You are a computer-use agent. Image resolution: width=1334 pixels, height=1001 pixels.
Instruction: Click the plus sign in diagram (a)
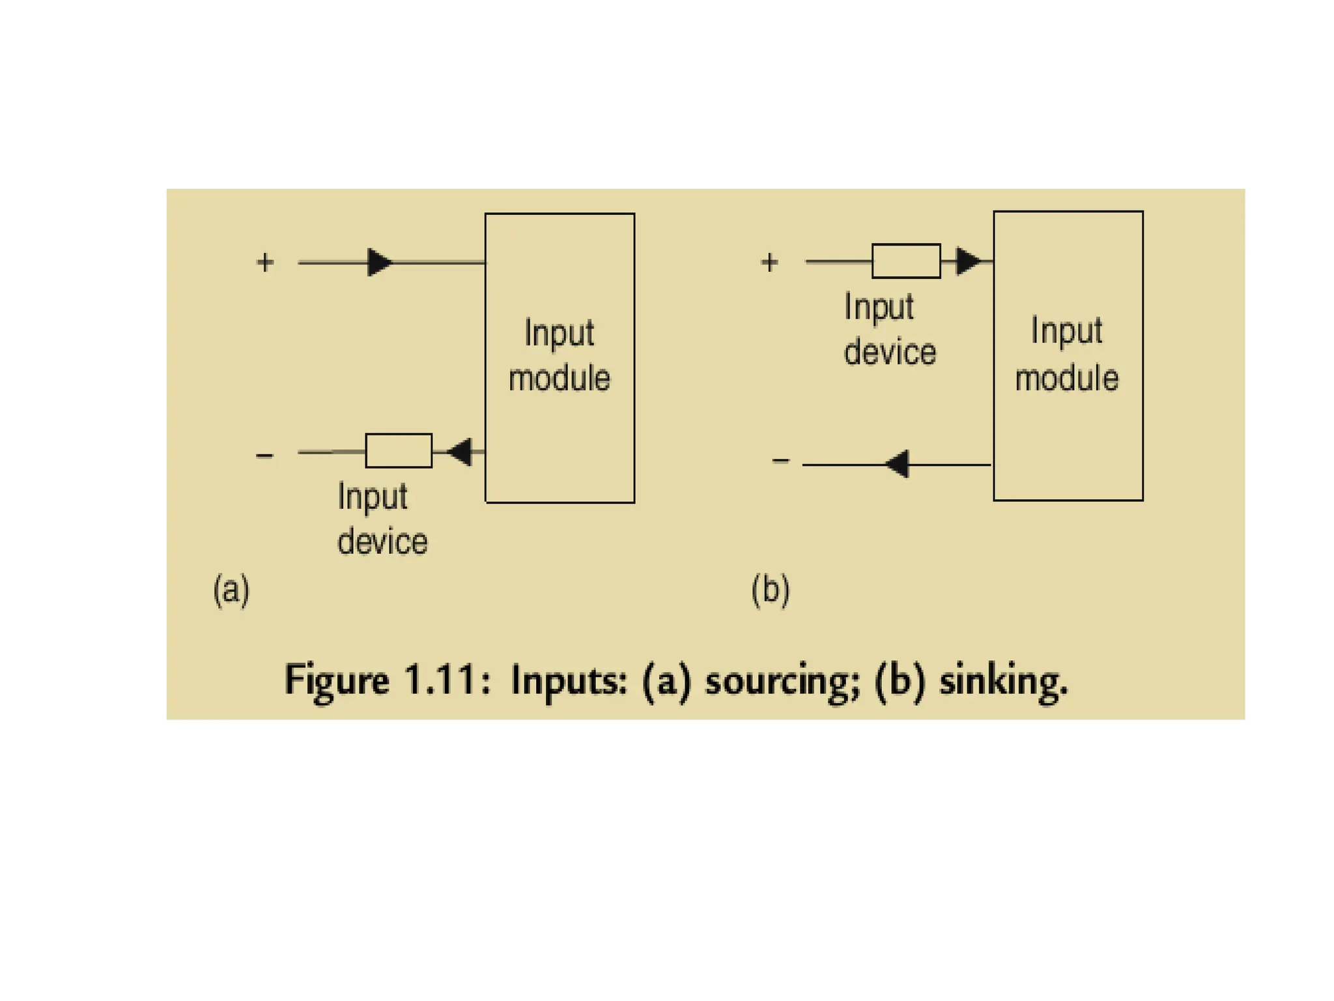point(265,263)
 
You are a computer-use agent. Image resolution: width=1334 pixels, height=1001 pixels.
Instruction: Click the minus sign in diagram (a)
point(264,456)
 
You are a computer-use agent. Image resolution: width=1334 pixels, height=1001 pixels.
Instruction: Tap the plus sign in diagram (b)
point(769,263)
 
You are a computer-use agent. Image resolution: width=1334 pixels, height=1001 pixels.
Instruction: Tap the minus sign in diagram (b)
point(781,461)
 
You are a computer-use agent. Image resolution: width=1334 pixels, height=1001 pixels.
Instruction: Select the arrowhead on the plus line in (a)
point(380,263)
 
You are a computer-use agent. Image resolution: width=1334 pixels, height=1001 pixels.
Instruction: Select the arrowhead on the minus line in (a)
point(461,452)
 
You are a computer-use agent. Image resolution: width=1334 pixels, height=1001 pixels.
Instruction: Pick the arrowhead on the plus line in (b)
point(968,261)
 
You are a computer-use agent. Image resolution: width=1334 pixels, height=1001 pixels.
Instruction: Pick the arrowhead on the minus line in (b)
point(898,465)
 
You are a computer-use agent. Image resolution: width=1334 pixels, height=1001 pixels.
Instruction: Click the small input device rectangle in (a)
point(399,450)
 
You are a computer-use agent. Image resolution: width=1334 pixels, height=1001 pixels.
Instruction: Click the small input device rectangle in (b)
point(906,261)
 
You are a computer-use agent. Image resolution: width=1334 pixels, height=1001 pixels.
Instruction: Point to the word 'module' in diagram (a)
point(560,378)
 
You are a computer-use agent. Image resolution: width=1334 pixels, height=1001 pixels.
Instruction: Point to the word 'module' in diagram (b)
point(1067,378)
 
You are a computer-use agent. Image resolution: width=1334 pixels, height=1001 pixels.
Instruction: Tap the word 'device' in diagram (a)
point(382,542)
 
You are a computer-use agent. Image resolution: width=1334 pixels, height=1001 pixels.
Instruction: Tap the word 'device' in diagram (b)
point(890,352)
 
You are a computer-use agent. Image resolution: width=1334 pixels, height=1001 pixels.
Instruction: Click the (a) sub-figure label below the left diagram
point(231,590)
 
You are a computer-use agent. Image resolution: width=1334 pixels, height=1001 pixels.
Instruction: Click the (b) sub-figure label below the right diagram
point(771,590)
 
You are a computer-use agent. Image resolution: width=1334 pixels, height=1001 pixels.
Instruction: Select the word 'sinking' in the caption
point(1003,682)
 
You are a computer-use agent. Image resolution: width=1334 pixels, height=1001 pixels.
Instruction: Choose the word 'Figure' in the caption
point(337,682)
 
